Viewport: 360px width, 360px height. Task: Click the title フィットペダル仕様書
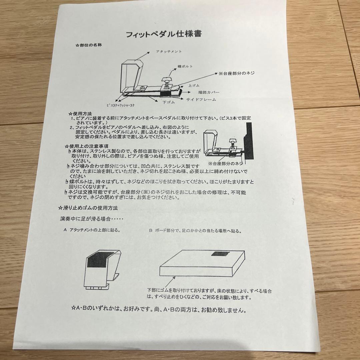[163, 34]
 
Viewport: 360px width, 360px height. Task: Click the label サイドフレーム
[201, 99]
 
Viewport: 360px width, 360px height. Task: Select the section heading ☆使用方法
[80, 113]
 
